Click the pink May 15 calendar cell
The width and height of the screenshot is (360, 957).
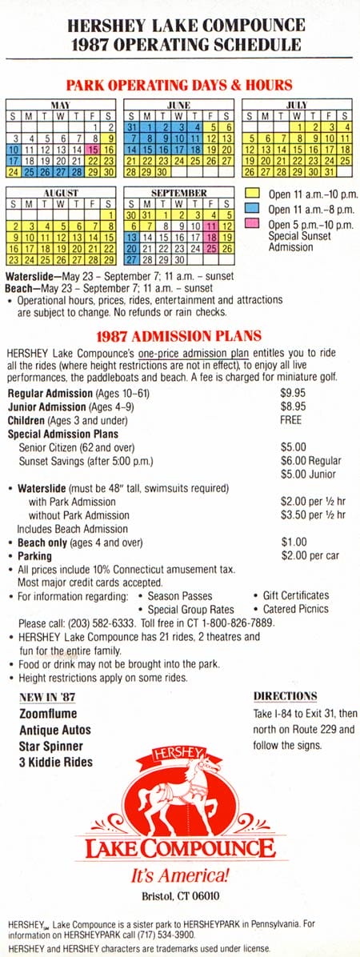(94, 149)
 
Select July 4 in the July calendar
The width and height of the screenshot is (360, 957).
(346, 126)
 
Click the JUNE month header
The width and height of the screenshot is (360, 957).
(178, 105)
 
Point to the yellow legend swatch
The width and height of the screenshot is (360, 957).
(253, 194)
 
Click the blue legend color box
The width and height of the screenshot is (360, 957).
(253, 210)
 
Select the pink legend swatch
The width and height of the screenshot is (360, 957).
(253, 225)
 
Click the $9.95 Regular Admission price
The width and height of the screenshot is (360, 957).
(294, 393)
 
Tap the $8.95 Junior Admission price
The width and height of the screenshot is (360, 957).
(294, 406)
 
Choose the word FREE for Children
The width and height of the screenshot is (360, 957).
(291, 420)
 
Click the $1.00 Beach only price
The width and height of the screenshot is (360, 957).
(294, 542)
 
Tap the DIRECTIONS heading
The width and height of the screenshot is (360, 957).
(285, 696)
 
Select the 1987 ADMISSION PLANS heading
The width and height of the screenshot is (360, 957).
(179, 336)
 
